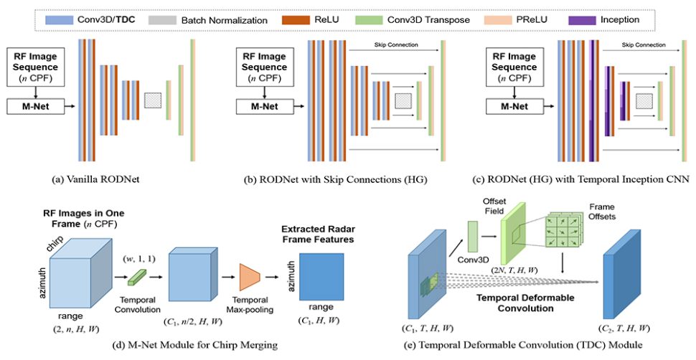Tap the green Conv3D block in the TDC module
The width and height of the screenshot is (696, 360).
click(473, 237)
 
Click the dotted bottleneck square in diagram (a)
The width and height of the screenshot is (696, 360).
click(154, 100)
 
